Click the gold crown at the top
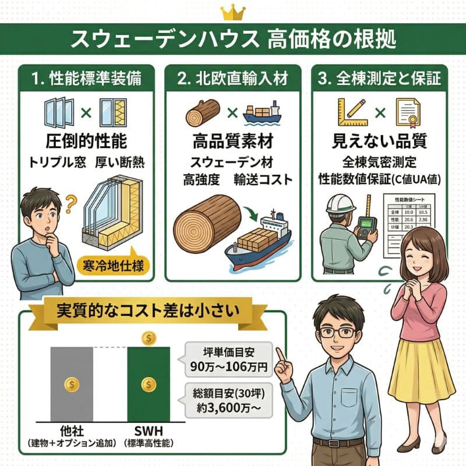click(x=233, y=12)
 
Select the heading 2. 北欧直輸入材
click(x=233, y=78)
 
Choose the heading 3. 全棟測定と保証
click(x=380, y=78)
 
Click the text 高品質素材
click(x=233, y=142)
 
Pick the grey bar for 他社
click(x=71, y=384)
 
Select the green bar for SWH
click(x=149, y=384)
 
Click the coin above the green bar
click(x=149, y=338)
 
